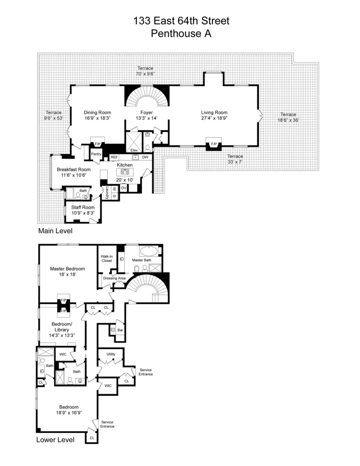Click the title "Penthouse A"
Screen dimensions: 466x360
[x=181, y=33]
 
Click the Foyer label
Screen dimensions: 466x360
[x=146, y=113]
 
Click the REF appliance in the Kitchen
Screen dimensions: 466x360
[x=114, y=157]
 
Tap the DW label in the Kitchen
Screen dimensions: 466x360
[x=145, y=157]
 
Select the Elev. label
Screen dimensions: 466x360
[x=134, y=150]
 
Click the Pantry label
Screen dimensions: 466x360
[x=96, y=154]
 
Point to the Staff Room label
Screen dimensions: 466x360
[x=83, y=207]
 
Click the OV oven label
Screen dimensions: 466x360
[x=123, y=188]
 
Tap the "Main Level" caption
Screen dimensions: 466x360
[x=55, y=231]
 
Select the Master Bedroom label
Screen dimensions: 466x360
[x=67, y=268]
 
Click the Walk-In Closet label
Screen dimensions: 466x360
[x=107, y=258]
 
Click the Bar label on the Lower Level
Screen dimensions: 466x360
[x=120, y=330]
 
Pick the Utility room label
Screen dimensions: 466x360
[x=111, y=354]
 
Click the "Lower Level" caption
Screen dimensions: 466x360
[x=55, y=439]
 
